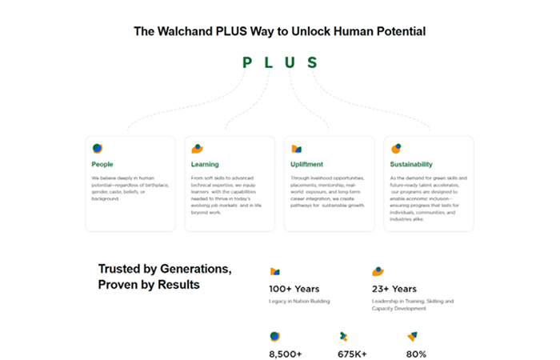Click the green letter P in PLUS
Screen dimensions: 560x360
(247, 62)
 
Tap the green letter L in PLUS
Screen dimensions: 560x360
(269, 62)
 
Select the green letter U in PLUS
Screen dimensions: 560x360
(290, 62)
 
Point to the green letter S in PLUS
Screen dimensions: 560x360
(312, 62)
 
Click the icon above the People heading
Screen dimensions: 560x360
(97, 148)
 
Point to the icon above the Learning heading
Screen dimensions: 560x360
(197, 148)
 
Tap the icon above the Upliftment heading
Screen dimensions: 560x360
(296, 148)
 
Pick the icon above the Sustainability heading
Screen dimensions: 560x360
(395, 148)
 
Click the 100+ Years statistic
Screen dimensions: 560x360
(294, 289)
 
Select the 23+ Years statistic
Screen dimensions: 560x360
(394, 289)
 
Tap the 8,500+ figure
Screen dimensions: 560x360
(286, 353)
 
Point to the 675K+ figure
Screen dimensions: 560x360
(353, 353)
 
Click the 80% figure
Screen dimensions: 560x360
(416, 353)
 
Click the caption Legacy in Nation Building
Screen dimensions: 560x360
(299, 302)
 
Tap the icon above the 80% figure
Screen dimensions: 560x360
(411, 336)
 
